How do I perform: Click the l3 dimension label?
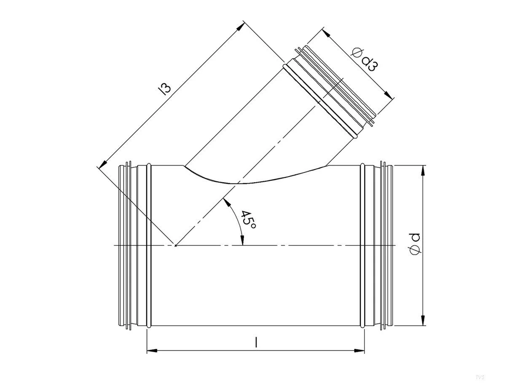(x=166, y=88)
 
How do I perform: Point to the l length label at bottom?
(x=256, y=343)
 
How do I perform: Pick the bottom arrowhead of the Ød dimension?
(x=423, y=321)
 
